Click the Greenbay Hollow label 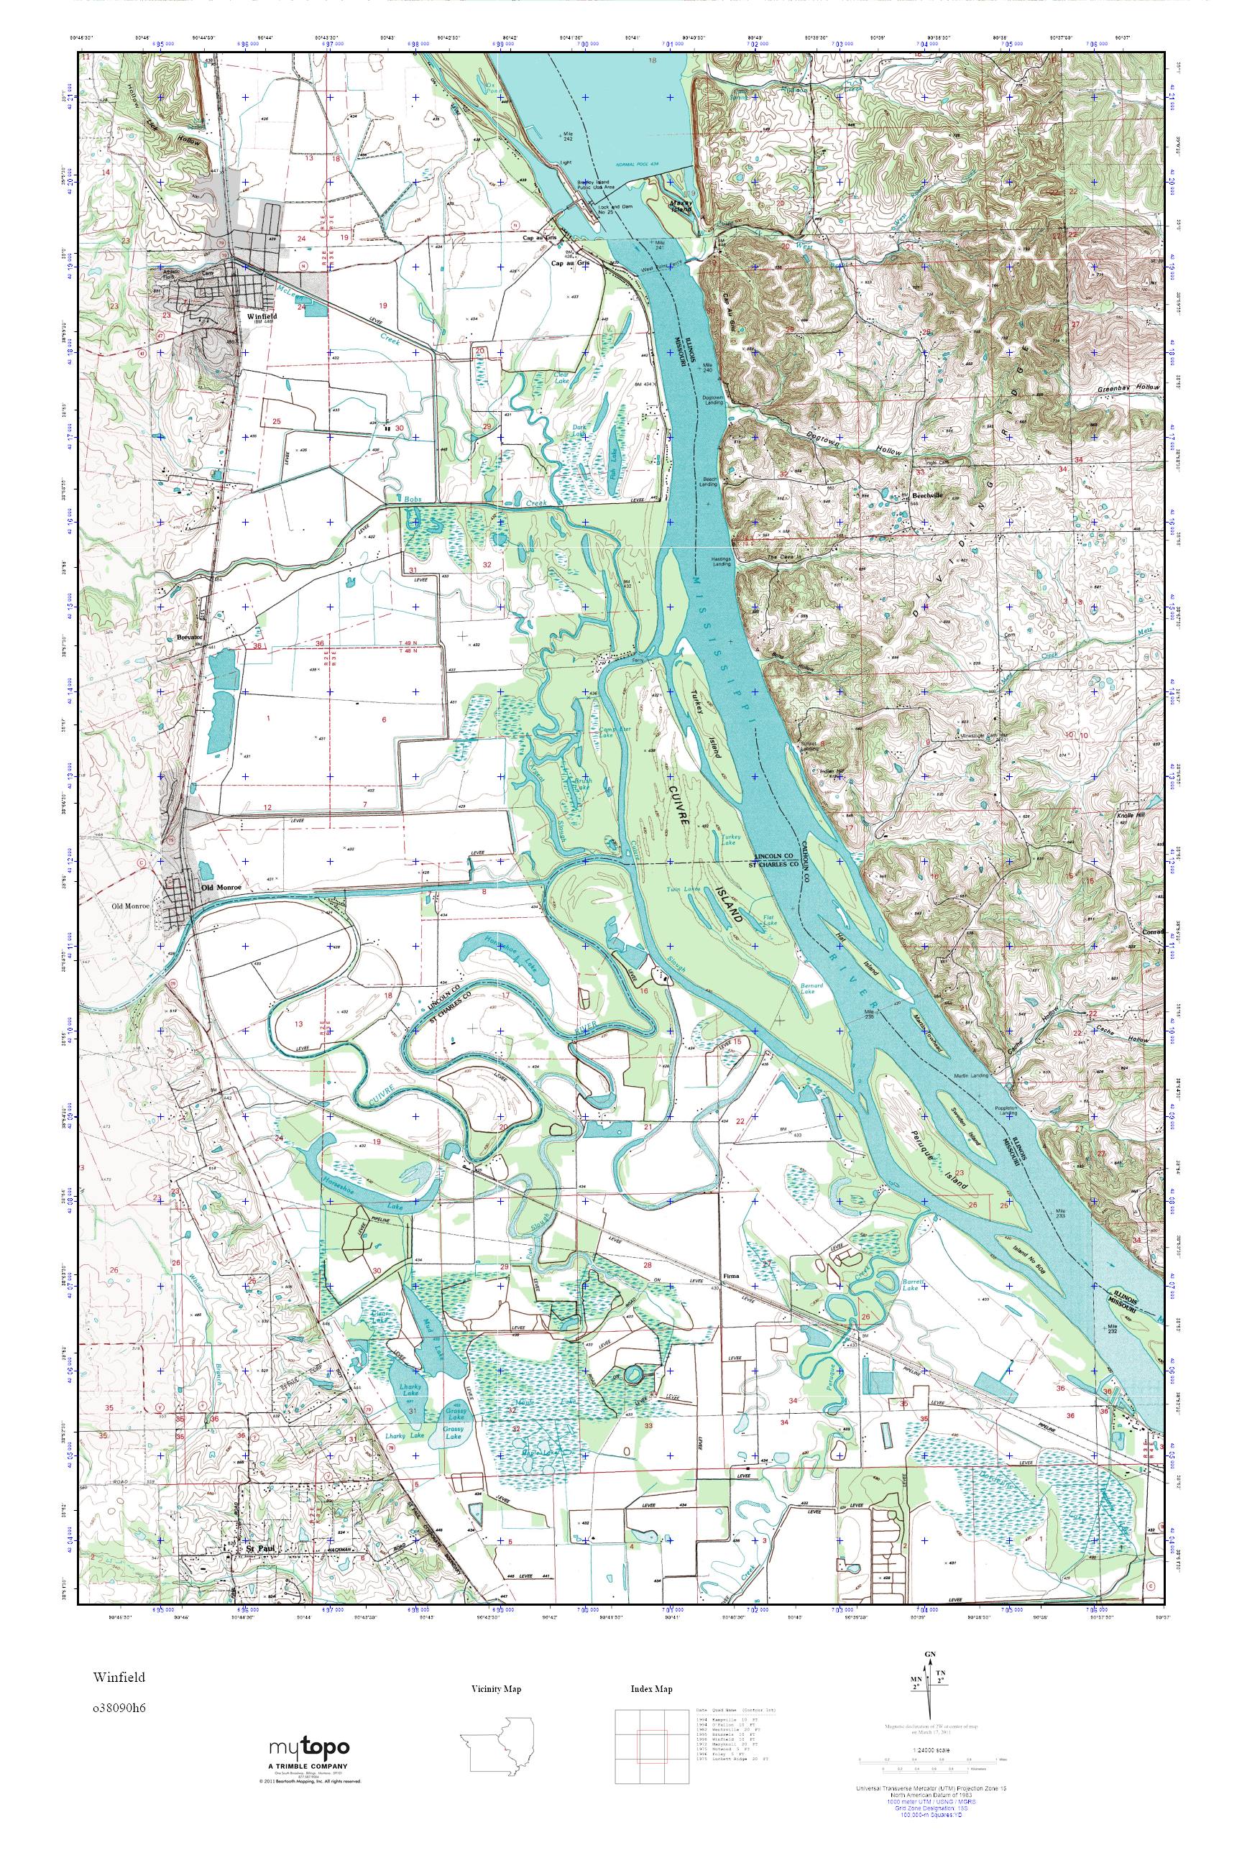[1128, 388]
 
